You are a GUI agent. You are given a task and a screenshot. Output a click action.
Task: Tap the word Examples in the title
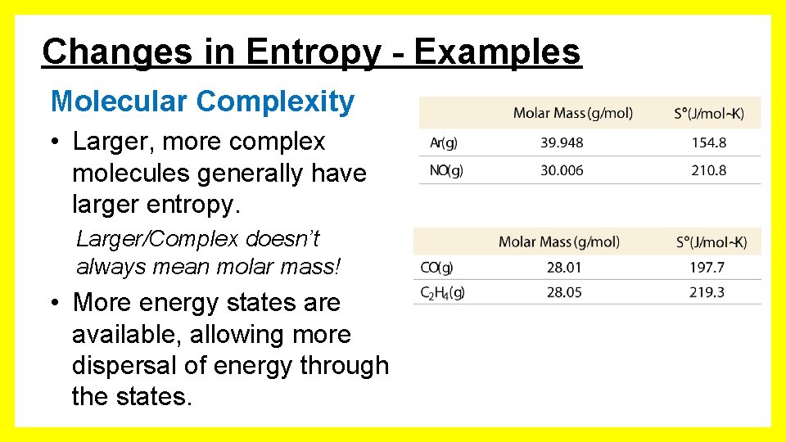(x=498, y=52)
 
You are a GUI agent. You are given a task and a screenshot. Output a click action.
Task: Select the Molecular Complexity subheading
(x=202, y=101)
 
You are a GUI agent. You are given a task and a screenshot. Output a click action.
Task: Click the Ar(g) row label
(x=444, y=142)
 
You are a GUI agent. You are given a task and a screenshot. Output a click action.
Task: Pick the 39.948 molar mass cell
(x=562, y=142)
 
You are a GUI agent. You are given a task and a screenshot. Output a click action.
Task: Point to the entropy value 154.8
(x=708, y=142)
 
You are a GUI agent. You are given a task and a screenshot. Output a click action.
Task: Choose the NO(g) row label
(x=446, y=170)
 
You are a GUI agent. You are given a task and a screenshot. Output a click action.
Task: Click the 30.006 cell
(x=562, y=170)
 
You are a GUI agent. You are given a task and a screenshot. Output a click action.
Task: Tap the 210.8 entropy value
(x=708, y=170)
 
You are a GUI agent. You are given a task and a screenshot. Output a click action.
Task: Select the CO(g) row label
(x=436, y=267)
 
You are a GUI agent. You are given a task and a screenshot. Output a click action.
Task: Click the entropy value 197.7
(x=707, y=267)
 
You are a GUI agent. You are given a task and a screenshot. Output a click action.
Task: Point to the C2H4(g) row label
(x=442, y=292)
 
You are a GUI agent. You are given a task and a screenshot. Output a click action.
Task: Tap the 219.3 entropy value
(x=707, y=292)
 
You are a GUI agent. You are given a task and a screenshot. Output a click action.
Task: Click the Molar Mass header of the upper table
(x=572, y=113)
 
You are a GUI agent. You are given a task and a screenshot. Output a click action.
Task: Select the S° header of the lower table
(x=711, y=241)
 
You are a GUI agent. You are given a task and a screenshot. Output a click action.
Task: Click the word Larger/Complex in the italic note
(x=156, y=239)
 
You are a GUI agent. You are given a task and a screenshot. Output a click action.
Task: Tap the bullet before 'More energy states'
(x=53, y=303)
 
